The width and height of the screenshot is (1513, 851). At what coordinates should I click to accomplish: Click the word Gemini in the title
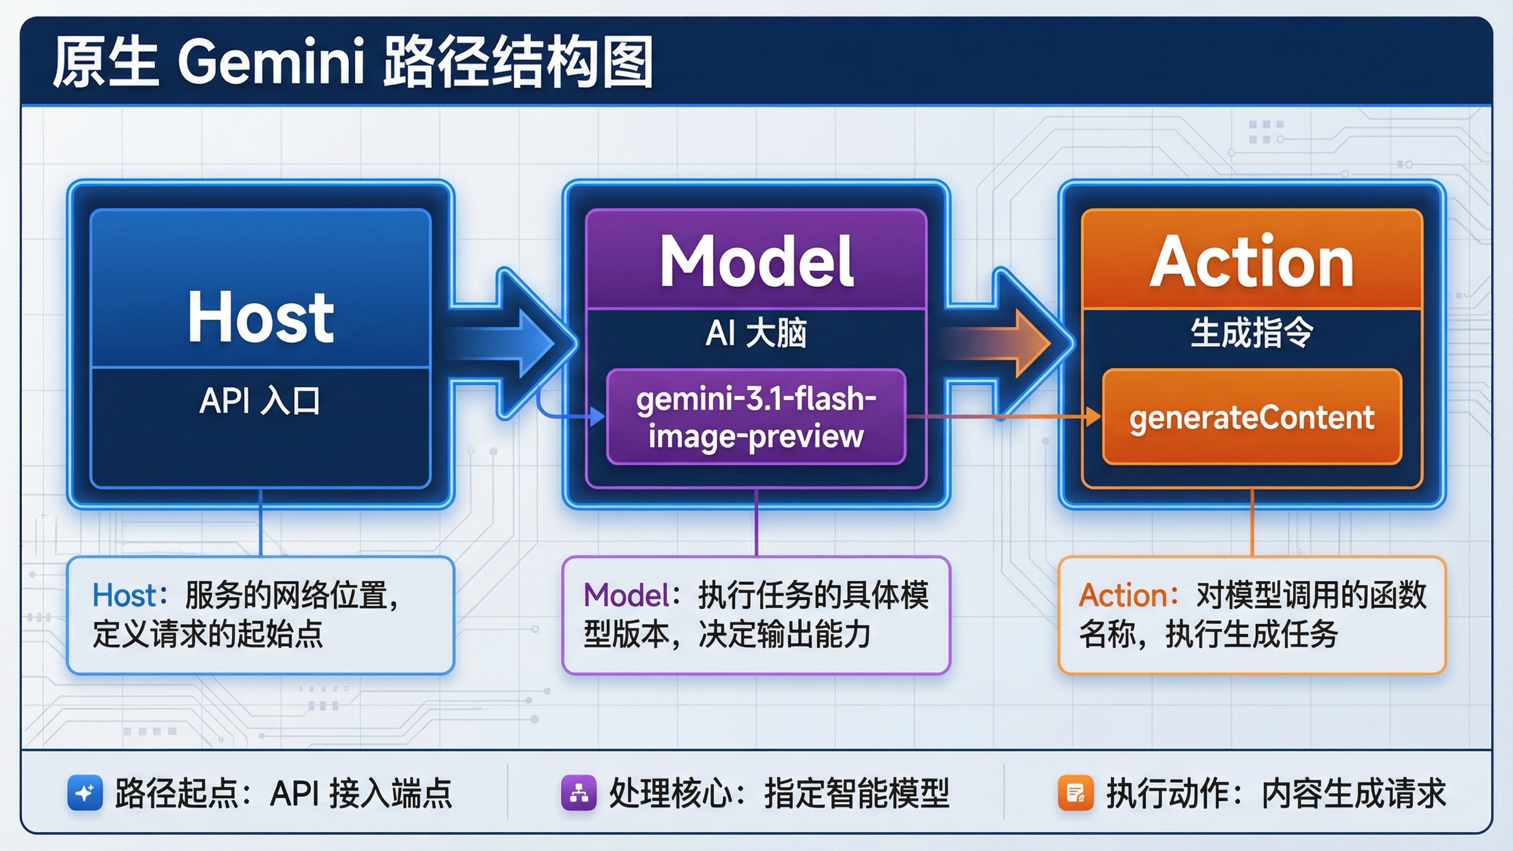click(x=271, y=63)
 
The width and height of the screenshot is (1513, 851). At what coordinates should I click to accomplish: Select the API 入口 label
click(x=260, y=401)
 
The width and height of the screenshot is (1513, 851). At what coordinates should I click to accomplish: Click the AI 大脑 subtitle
click(x=756, y=333)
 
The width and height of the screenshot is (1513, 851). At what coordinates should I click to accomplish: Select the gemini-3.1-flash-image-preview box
click(x=756, y=417)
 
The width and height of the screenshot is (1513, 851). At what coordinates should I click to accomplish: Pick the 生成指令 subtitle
click(x=1251, y=333)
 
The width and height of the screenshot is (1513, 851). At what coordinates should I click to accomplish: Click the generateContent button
click(x=1251, y=417)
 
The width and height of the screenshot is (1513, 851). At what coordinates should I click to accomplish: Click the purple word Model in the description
click(x=626, y=596)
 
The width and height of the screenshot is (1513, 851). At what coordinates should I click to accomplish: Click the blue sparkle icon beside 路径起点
click(x=85, y=792)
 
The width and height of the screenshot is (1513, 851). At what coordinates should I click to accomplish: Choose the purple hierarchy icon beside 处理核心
click(x=579, y=792)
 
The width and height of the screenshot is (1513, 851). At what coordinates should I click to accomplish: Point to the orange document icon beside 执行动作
click(x=1075, y=792)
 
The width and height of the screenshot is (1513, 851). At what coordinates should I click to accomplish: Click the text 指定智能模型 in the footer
click(x=856, y=793)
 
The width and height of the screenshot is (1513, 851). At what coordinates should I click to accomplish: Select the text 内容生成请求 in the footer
click(x=1353, y=793)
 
